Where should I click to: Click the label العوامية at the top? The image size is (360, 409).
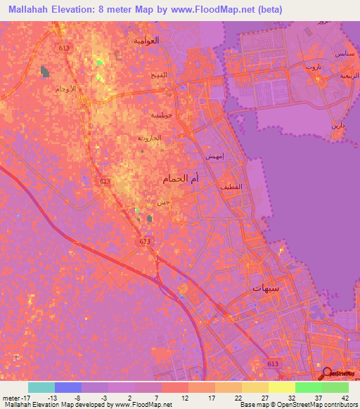point(147,40)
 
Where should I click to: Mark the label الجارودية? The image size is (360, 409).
point(150,138)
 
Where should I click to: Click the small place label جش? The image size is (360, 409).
point(163,202)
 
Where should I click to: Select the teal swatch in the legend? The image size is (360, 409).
point(41,387)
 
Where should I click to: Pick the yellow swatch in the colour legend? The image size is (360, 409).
point(281,387)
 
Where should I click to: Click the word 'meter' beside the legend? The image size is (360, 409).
point(14,398)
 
